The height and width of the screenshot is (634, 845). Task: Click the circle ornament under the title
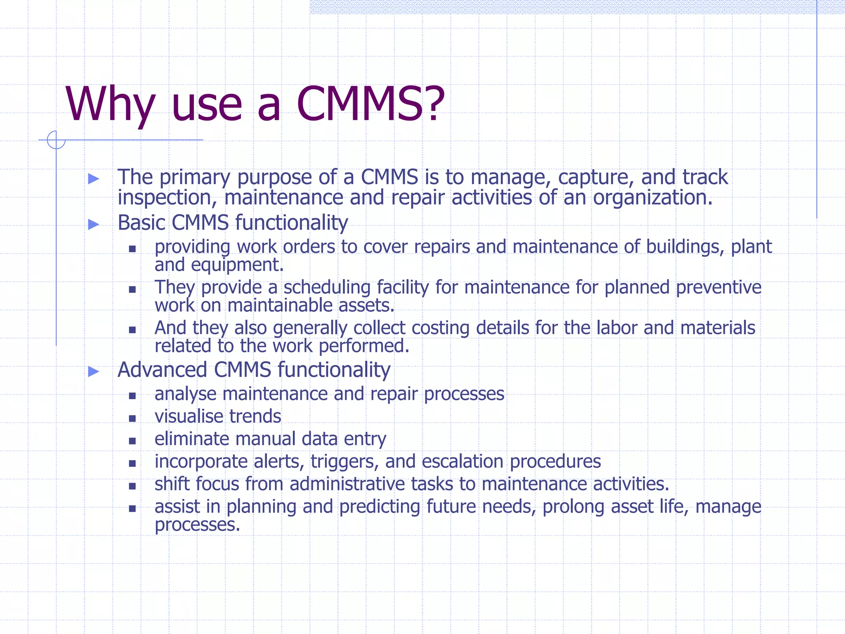(56, 140)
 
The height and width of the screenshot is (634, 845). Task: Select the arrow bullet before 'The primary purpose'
(94, 179)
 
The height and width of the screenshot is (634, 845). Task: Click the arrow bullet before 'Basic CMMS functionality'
(94, 225)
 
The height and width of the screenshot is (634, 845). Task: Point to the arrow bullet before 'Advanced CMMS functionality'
(94, 371)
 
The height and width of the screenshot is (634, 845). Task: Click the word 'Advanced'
(162, 370)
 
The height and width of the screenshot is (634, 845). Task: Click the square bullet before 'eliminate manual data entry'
(132, 441)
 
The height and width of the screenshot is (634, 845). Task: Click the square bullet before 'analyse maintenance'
(132, 396)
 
